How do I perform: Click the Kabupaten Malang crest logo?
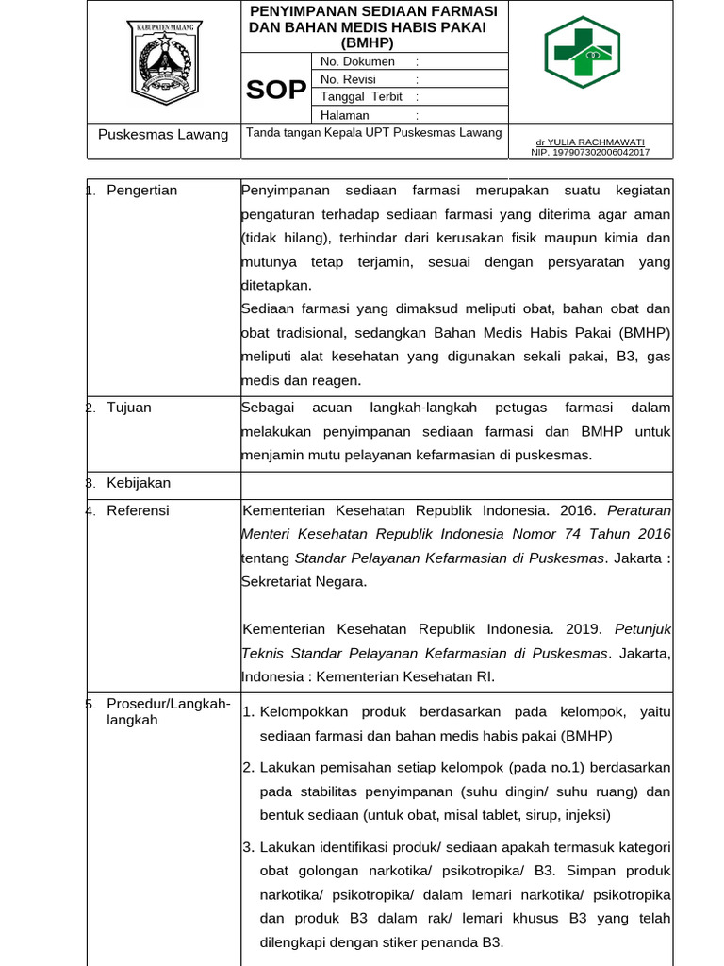[164, 63]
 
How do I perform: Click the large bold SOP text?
[276, 90]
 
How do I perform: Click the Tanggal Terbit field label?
[361, 97]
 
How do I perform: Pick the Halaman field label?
[345, 115]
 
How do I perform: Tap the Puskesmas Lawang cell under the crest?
[163, 135]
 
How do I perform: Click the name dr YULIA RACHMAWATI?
[590, 142]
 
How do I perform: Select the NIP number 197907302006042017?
[590, 152]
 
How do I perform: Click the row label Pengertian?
[141, 191]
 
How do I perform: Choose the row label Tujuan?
[129, 408]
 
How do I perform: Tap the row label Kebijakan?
[139, 483]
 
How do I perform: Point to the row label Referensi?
[138, 510]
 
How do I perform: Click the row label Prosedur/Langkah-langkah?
[168, 711]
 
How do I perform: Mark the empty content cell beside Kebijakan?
[456, 484]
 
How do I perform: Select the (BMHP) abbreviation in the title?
[368, 42]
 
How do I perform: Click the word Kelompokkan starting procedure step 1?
[304, 711]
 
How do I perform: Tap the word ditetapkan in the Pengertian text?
[275, 285]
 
